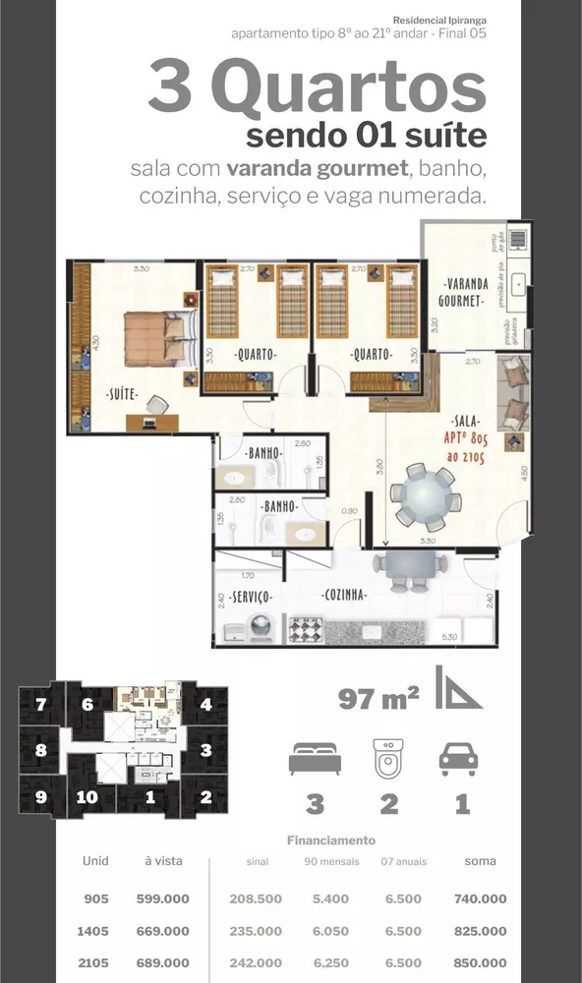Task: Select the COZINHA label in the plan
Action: (344, 595)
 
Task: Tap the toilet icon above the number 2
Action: (389, 758)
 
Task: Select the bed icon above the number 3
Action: (315, 760)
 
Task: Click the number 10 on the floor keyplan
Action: (87, 797)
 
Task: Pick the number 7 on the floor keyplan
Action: (40, 705)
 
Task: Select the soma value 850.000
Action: (480, 962)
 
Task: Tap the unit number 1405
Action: (95, 931)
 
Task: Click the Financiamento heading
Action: (330, 840)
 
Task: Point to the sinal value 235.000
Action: (256, 931)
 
